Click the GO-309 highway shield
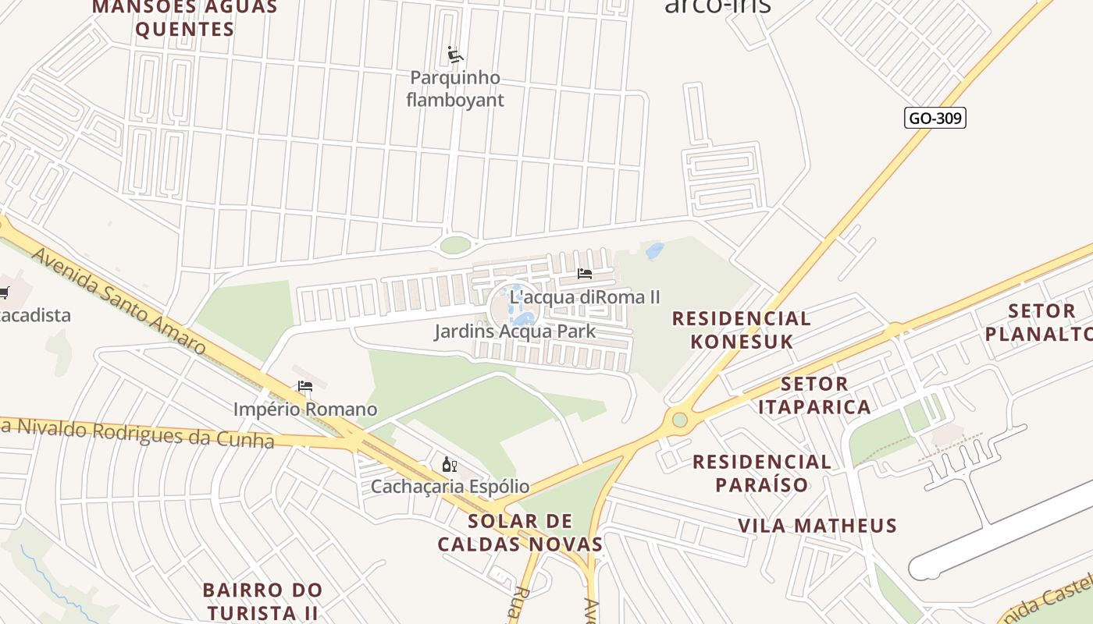pos(935,119)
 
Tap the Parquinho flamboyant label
pos(455,89)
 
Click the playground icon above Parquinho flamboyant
pos(455,55)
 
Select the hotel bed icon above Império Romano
pos(305,386)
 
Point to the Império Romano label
pos(305,409)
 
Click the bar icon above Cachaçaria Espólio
pos(449,465)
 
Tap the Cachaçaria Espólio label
pos(450,487)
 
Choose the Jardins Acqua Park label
pos(514,331)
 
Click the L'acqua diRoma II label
pos(585,297)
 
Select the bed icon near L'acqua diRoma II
pos(585,274)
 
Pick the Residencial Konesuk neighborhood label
pos(741,330)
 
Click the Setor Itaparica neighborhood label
pos(814,395)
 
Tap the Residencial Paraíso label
pos(762,473)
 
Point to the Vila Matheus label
pos(817,526)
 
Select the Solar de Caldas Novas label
pos(520,533)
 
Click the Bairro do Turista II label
pos(262,601)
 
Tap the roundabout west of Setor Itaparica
pos(680,420)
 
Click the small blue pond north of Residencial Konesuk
pos(654,250)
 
